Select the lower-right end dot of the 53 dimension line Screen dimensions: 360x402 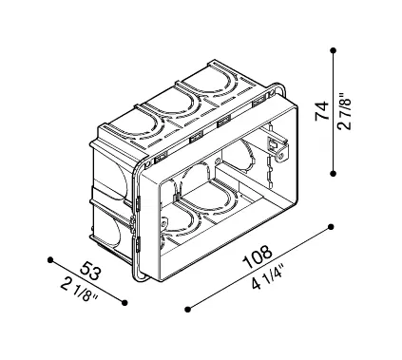(124, 301)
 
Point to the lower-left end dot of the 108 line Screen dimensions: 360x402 (187, 308)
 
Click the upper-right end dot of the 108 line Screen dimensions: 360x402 (332, 226)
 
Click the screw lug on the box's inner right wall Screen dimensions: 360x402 (277, 144)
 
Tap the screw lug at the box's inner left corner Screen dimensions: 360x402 (163, 224)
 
